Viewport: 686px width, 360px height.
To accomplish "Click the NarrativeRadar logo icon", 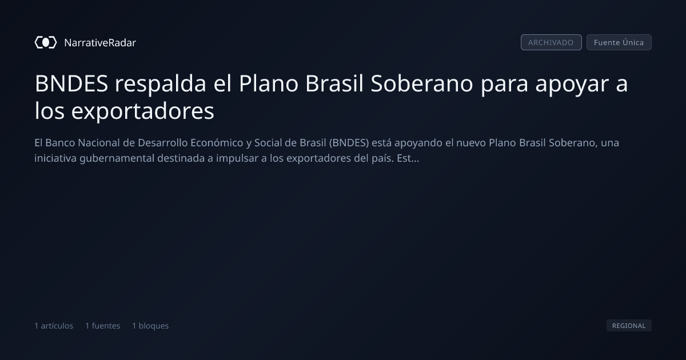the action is click(x=46, y=42).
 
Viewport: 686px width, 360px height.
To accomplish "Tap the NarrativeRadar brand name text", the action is click(x=100, y=43).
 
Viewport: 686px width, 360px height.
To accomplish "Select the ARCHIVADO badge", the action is click(x=551, y=42).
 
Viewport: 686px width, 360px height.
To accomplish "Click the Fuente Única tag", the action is click(x=619, y=42).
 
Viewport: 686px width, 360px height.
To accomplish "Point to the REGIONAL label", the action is click(x=629, y=325).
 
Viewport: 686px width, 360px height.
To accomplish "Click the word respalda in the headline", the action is click(x=160, y=84).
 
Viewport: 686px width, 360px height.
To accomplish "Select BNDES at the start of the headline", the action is click(x=71, y=83).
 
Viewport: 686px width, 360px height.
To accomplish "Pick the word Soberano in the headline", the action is click(x=422, y=83).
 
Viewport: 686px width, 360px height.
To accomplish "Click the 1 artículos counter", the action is click(x=54, y=326).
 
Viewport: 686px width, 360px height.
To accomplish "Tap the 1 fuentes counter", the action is click(x=102, y=326).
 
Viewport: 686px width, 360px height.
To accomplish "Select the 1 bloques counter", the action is click(x=150, y=326).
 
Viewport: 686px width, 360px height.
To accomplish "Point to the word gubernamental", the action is click(x=117, y=159).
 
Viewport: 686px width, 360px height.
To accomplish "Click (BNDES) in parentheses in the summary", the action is click(x=349, y=143).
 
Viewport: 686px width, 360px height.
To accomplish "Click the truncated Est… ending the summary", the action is click(x=408, y=158).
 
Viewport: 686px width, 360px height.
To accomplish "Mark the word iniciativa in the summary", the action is click(x=55, y=158).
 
